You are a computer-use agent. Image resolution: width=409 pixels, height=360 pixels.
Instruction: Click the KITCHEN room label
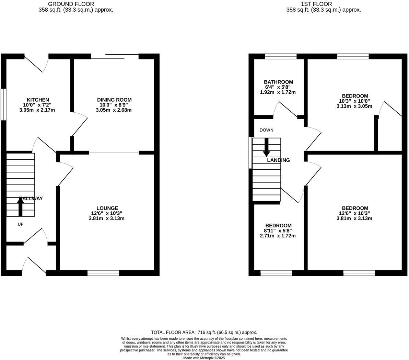click(x=38, y=100)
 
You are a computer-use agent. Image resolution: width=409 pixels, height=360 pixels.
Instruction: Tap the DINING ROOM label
click(x=114, y=100)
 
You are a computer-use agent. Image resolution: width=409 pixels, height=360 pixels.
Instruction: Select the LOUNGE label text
click(x=107, y=208)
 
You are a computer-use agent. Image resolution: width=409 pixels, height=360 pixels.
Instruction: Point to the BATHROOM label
click(x=278, y=82)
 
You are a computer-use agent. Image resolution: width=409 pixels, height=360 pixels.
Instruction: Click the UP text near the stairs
click(x=20, y=224)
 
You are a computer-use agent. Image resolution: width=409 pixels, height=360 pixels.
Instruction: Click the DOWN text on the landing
click(x=266, y=130)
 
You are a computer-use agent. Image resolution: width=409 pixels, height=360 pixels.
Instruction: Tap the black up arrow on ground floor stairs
click(x=20, y=207)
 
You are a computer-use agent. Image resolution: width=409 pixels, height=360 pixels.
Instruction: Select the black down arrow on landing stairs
click(x=266, y=147)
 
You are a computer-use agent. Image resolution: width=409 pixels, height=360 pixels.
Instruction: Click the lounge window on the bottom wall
click(x=103, y=273)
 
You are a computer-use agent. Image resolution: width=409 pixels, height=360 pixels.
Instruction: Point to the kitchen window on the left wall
click(x=3, y=105)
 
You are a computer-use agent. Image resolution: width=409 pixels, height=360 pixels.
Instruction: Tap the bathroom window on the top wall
click(x=281, y=56)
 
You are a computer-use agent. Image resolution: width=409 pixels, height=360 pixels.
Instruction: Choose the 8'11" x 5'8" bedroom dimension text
click(x=278, y=231)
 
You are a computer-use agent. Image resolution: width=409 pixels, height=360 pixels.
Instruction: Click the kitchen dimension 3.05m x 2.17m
click(x=37, y=110)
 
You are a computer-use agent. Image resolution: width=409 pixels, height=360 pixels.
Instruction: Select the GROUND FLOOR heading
click(x=71, y=4)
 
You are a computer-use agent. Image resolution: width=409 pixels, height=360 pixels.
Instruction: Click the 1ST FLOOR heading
click(x=316, y=4)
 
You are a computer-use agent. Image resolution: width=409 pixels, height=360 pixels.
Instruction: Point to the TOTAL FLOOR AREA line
click(x=204, y=332)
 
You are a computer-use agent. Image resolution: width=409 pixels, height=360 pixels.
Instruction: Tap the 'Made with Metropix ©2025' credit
click(x=204, y=358)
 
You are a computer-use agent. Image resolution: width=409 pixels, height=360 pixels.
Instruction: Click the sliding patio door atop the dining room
click(x=115, y=56)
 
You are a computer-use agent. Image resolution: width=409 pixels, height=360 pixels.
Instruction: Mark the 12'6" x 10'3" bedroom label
click(x=355, y=213)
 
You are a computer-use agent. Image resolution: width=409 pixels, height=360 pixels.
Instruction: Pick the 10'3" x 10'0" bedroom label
click(x=355, y=101)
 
